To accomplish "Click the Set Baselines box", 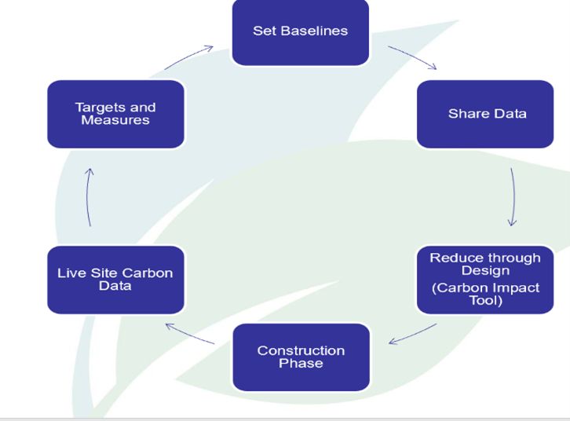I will (x=300, y=31).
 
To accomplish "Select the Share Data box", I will (x=484, y=114).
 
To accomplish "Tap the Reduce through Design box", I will (x=484, y=279).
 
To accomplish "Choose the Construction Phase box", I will (x=301, y=357).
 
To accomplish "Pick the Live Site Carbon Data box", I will (x=115, y=280).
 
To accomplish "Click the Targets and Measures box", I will (x=115, y=114).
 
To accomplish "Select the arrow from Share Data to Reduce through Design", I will (x=513, y=196).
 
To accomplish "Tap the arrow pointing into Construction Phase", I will (x=413, y=335).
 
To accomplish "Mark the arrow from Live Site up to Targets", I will (x=89, y=196).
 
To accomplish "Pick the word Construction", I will (x=301, y=350).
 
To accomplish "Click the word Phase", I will (x=301, y=364).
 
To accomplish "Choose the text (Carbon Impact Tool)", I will (x=485, y=294).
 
